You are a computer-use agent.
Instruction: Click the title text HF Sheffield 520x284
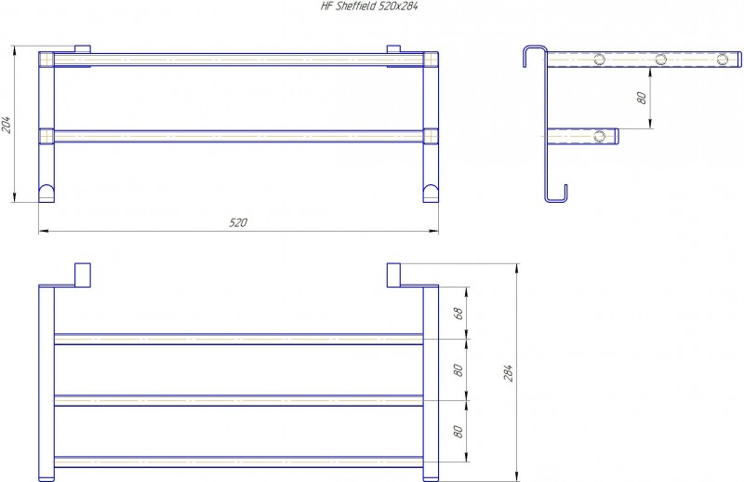(x=369, y=7)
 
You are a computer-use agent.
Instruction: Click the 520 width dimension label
(x=238, y=222)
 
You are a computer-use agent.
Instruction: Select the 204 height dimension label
(x=7, y=125)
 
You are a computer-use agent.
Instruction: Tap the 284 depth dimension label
(x=508, y=373)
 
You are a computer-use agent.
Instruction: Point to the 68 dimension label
(x=458, y=314)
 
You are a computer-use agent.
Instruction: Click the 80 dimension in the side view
(x=641, y=99)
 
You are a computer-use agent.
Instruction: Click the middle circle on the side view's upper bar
(x=660, y=60)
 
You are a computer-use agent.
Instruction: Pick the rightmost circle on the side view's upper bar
(x=722, y=60)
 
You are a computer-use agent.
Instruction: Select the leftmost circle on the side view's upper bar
(x=599, y=60)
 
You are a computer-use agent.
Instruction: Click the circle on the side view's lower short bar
(x=599, y=136)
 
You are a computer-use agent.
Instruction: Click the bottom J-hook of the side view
(x=555, y=194)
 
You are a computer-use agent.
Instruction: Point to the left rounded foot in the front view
(x=46, y=194)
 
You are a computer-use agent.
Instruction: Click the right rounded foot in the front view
(x=431, y=194)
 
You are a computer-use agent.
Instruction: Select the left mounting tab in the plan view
(x=83, y=274)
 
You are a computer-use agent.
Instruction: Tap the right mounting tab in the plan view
(x=393, y=274)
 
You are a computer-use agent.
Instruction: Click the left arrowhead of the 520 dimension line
(x=43, y=232)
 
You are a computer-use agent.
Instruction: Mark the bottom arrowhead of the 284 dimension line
(x=517, y=476)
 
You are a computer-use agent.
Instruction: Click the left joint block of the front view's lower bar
(x=46, y=136)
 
